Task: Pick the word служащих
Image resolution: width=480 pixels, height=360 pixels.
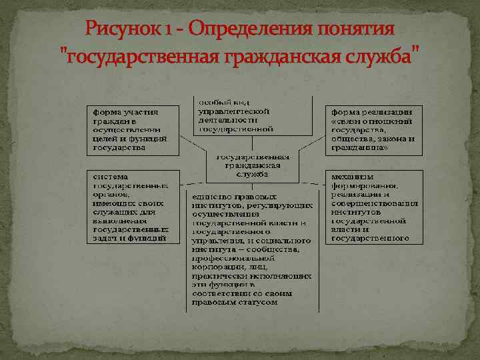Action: [115, 213]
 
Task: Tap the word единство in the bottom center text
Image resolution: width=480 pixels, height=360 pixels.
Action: [211, 197]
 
